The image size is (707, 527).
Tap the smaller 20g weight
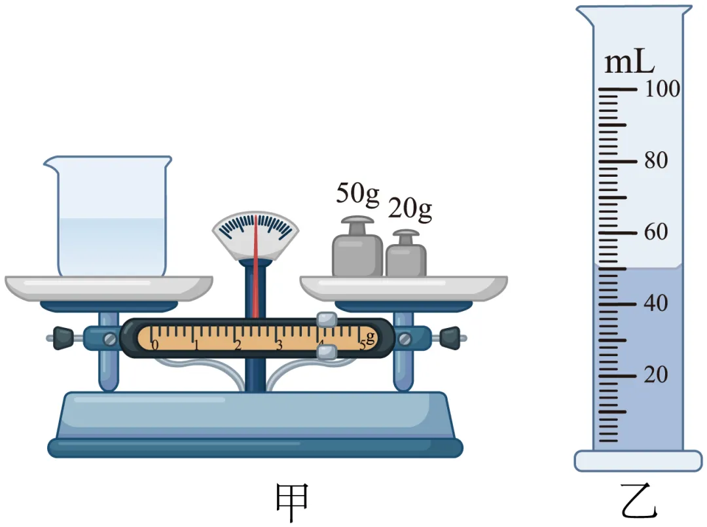click(406, 254)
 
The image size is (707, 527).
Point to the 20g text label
click(410, 209)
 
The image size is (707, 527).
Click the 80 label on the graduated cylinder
click(656, 160)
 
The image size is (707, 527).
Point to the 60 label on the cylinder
click(656, 232)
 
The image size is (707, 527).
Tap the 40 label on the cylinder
click(656, 303)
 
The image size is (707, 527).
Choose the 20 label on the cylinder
click(656, 374)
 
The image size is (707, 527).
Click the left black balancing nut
click(63, 338)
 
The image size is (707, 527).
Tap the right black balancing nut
click(450, 338)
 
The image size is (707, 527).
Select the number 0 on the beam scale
click(154, 345)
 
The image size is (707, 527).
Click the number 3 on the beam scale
click(279, 345)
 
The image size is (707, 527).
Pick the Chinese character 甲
click(292, 501)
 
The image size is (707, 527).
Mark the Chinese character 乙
click(639, 500)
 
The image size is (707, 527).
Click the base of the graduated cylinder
click(638, 461)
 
